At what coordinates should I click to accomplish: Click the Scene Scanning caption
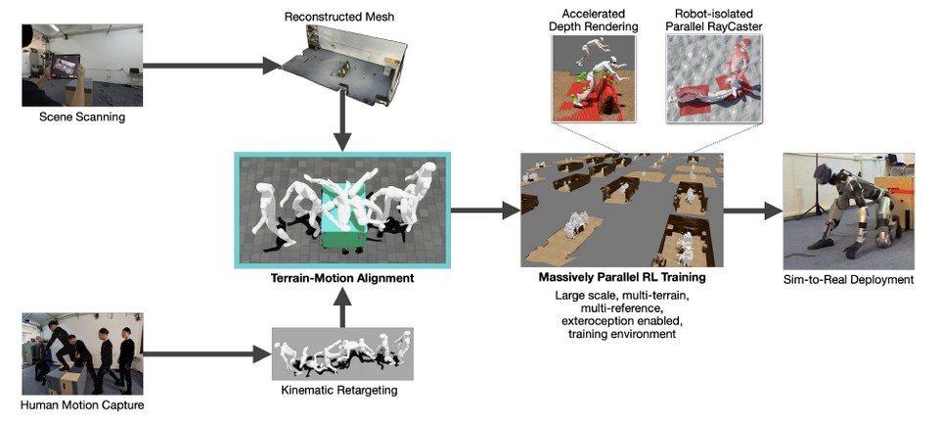coord(81,118)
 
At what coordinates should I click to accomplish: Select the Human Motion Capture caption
coord(81,404)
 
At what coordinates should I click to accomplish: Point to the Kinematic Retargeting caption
coord(342,391)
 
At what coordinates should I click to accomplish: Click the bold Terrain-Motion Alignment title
coord(342,279)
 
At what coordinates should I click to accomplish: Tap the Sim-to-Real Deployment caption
coord(849,280)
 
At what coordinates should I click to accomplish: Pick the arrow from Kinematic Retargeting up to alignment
coord(342,311)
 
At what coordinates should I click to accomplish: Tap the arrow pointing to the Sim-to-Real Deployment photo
coord(754,210)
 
